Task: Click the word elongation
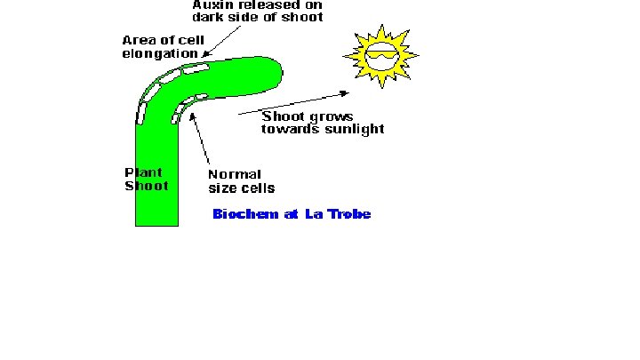click(x=160, y=53)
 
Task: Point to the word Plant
click(x=142, y=173)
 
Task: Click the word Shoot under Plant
click(x=146, y=186)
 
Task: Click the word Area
click(x=138, y=41)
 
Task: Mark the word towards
click(x=289, y=129)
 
